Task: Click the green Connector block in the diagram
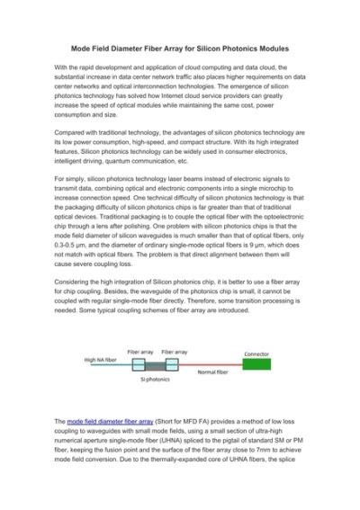(x=257, y=365)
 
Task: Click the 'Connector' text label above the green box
(x=256, y=353)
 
